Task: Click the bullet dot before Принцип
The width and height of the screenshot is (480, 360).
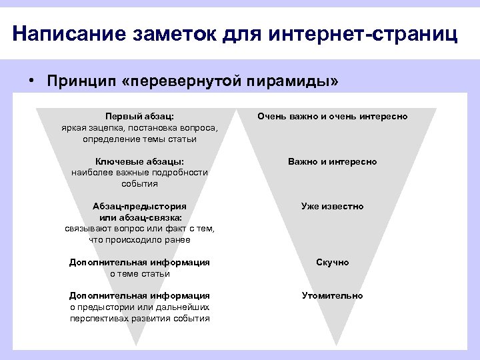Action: click(x=31, y=81)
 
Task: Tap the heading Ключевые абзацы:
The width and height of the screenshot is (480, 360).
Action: click(x=140, y=162)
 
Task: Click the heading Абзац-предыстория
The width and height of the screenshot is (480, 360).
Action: click(x=140, y=206)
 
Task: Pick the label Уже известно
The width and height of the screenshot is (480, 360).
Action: click(x=333, y=206)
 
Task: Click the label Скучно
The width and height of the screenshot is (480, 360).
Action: click(x=333, y=263)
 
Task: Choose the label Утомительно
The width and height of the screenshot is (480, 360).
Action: click(x=333, y=295)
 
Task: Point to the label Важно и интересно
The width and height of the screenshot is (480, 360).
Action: click(x=333, y=162)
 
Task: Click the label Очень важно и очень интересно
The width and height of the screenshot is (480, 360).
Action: click(x=333, y=117)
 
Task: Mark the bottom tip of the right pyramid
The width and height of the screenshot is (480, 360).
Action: click(x=333, y=344)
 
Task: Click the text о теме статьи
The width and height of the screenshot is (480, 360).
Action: click(x=140, y=273)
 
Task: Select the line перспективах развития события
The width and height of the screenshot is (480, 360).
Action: click(x=140, y=318)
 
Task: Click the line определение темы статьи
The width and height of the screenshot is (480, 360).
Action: click(x=140, y=139)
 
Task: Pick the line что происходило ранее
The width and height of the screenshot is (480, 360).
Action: click(x=140, y=240)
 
